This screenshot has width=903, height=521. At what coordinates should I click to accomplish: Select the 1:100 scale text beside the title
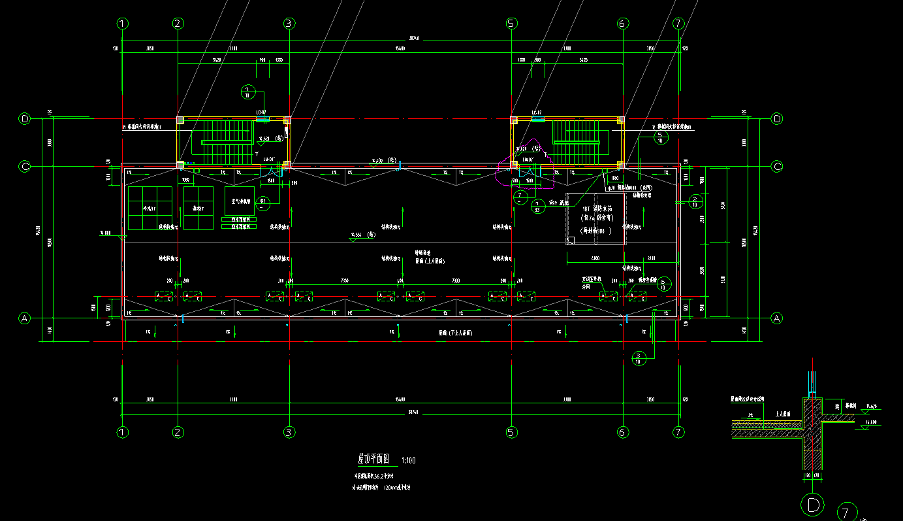(x=408, y=460)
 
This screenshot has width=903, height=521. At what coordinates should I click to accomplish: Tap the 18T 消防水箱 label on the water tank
(x=595, y=209)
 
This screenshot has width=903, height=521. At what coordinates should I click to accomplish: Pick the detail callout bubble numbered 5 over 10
(x=659, y=137)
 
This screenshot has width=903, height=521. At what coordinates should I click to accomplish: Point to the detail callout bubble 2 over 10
(x=695, y=201)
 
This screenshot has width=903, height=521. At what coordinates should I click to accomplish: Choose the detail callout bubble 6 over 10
(x=663, y=284)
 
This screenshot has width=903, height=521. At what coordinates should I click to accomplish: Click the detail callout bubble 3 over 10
(x=639, y=358)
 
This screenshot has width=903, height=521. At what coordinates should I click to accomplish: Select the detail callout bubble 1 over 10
(x=248, y=92)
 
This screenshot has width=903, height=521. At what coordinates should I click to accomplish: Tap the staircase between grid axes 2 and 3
(x=227, y=141)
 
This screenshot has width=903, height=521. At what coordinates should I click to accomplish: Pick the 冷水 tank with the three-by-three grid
(x=150, y=209)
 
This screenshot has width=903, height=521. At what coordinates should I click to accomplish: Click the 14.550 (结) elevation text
(x=361, y=234)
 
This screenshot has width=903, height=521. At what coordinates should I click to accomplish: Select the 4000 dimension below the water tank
(x=595, y=258)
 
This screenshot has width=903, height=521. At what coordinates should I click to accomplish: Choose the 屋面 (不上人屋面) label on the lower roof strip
(x=455, y=333)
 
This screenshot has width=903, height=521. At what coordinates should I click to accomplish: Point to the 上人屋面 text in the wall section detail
(x=782, y=414)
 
